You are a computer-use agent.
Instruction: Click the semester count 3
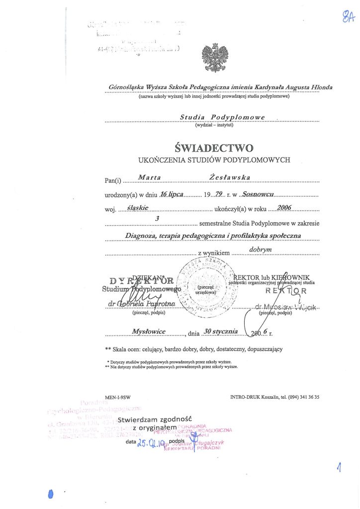click(158, 218)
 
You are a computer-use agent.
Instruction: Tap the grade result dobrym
click(260, 250)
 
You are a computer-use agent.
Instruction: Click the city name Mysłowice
click(149, 331)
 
